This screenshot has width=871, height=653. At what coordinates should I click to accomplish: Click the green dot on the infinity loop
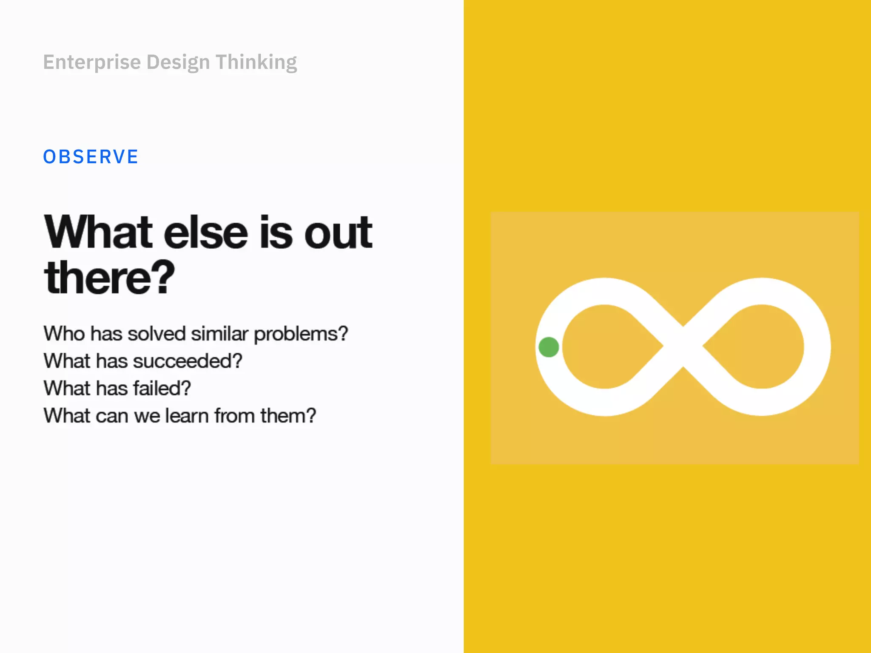pos(549,347)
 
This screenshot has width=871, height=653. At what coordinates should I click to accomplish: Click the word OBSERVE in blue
pos(91,157)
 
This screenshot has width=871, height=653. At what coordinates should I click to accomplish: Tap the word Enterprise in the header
pos(92,62)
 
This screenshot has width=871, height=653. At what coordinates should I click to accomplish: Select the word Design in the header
pos(178,62)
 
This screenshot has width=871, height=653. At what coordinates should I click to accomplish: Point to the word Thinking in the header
pos(256,62)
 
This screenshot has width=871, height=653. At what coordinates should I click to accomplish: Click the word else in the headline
pos(206,233)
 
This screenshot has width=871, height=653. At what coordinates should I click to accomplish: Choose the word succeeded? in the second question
pos(188,361)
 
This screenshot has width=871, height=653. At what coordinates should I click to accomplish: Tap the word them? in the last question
pos(288,416)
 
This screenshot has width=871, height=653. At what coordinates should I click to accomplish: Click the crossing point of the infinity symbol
pos(683,346)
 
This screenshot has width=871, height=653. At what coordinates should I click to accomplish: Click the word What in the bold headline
pos(98,233)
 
